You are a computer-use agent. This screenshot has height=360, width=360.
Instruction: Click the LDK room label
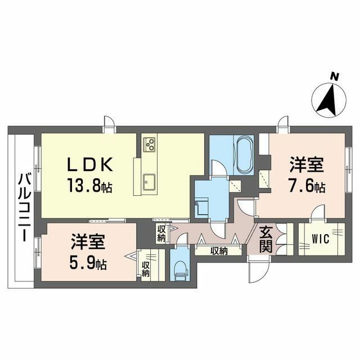89,164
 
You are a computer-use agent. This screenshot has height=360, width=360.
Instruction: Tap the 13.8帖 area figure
89,185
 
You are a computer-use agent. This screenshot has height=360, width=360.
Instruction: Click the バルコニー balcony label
25,208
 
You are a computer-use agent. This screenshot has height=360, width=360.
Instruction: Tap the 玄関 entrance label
266,240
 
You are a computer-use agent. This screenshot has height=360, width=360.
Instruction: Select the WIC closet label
321,239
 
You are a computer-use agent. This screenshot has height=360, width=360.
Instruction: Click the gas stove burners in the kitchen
150,145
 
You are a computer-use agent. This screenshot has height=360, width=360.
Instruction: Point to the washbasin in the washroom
201,207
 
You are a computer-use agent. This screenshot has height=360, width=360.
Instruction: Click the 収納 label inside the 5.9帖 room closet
146,269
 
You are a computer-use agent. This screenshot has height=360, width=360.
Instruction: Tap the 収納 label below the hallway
219,251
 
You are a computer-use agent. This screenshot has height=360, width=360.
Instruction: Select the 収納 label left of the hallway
161,234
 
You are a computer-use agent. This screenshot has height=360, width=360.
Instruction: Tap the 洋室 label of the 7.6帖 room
307,164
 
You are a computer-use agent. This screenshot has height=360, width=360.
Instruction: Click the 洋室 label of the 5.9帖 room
88,242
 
